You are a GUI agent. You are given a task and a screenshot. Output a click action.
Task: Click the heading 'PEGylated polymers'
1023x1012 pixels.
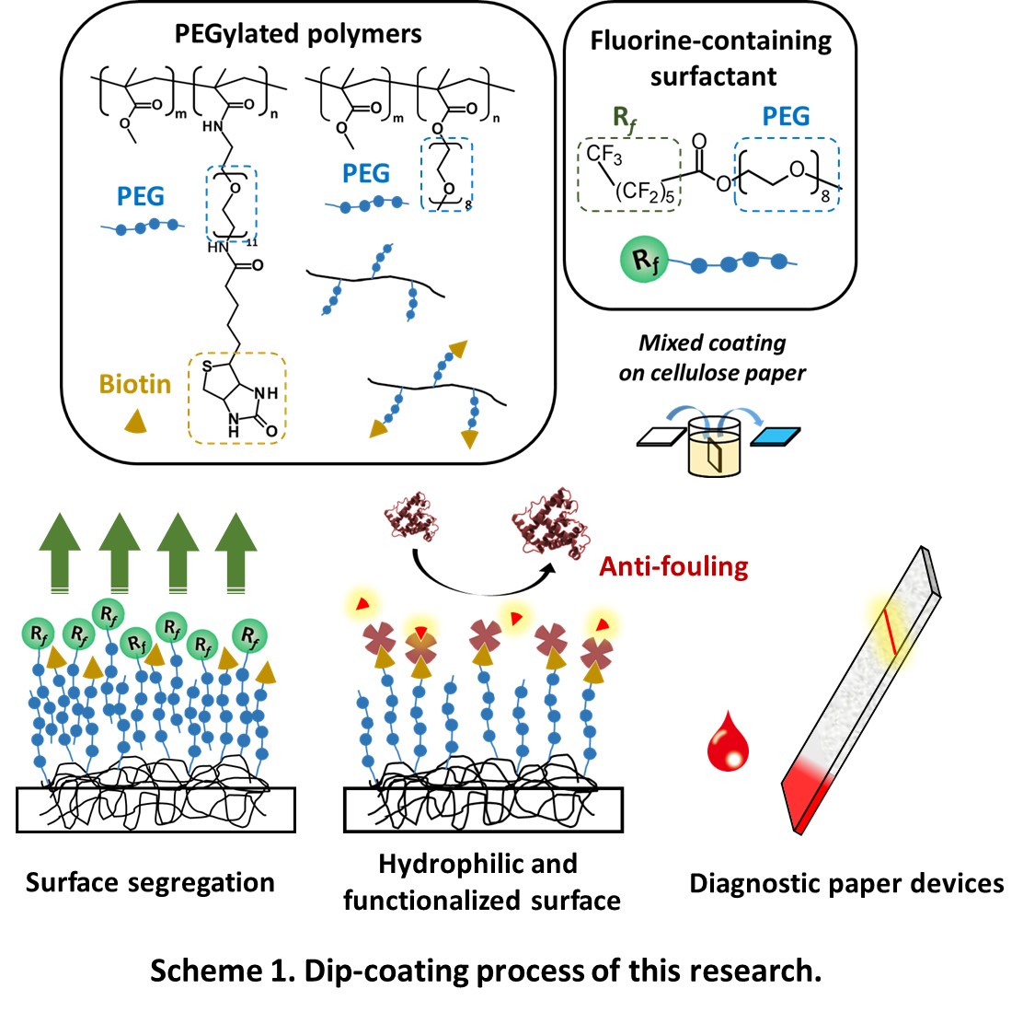click(x=298, y=34)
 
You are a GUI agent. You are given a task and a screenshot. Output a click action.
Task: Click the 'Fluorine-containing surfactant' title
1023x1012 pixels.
click(x=711, y=58)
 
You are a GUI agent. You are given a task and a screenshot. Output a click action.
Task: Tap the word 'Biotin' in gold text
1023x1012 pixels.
click(x=135, y=383)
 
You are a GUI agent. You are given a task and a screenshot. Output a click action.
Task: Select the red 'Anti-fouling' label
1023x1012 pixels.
click(x=673, y=565)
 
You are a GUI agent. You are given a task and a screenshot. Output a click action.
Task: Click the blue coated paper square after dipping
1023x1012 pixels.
click(x=776, y=436)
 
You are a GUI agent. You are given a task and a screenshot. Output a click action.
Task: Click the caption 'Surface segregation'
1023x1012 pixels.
click(x=150, y=882)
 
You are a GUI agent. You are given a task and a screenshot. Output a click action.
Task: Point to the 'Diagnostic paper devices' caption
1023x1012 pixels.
click(x=846, y=883)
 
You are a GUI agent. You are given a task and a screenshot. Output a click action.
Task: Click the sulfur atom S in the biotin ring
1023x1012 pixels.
click(x=208, y=370)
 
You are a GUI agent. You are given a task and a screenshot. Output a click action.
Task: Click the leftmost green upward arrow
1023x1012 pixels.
click(x=60, y=549)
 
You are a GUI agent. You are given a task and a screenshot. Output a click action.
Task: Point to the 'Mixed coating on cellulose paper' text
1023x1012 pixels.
click(x=713, y=357)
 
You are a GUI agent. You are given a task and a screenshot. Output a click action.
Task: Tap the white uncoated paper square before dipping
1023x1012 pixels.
click(x=663, y=436)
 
